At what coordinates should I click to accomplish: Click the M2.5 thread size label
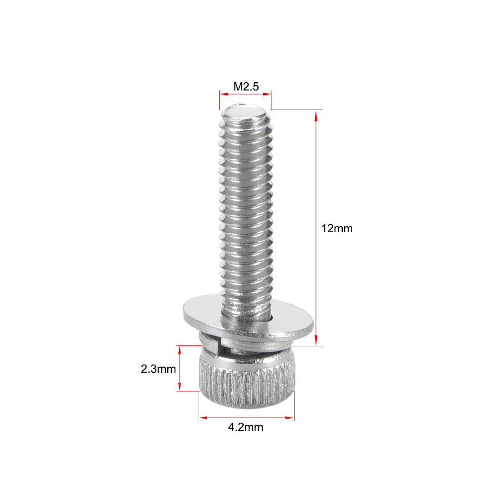[246, 86]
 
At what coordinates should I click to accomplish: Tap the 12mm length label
[337, 229]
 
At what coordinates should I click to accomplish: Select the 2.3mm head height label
[158, 369]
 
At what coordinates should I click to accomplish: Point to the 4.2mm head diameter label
[246, 427]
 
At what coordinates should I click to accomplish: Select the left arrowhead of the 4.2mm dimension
[203, 417]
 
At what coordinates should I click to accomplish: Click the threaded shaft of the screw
[246, 205]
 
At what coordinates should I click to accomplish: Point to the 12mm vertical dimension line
[316, 182]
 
